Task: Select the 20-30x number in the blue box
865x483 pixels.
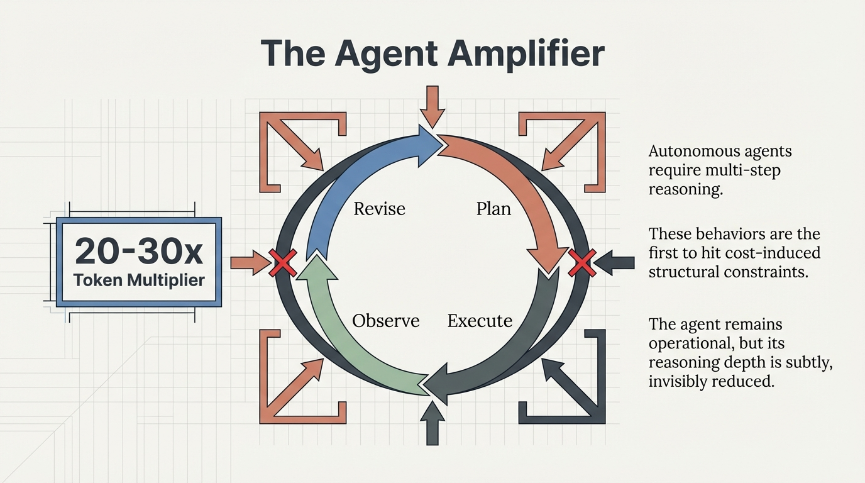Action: point(139,252)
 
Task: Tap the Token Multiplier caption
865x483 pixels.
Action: point(139,280)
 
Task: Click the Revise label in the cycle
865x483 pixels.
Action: point(379,208)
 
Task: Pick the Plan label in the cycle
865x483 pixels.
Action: point(493,208)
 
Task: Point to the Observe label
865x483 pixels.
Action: point(385,321)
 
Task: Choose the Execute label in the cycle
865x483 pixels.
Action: point(480,321)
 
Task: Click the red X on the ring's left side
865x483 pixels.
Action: point(282,262)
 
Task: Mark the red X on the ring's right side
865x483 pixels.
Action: point(581,262)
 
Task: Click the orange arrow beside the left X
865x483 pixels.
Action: point(250,262)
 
